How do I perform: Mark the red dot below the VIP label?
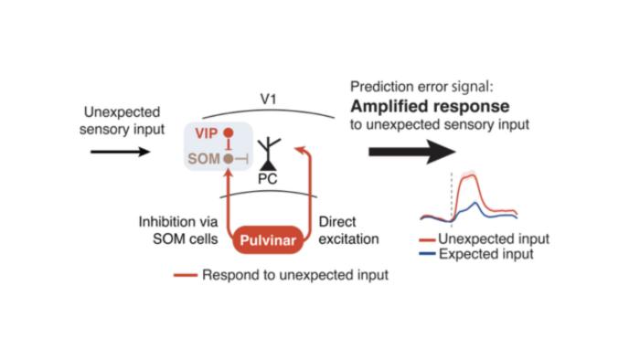[229, 133]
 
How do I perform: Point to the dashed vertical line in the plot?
[452, 196]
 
